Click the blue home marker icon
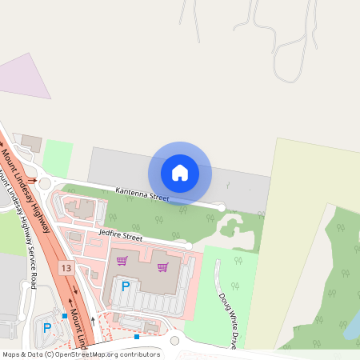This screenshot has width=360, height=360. pyautogui.click(x=180, y=172)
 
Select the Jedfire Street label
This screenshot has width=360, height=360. pyautogui.click(x=120, y=237)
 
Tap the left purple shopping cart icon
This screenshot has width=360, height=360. pyautogui.click(x=122, y=261)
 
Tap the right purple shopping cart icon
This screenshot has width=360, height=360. pyautogui.click(x=162, y=266)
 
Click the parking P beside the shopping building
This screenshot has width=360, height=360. pyautogui.click(x=125, y=285)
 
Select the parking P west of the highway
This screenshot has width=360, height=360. pyautogui.click(x=46, y=327)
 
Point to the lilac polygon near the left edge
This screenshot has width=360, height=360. pyautogui.click(x=26, y=77)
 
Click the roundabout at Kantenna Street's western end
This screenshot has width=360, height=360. pyautogui.click(x=44, y=183)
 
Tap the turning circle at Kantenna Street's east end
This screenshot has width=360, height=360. pyautogui.click(x=222, y=208)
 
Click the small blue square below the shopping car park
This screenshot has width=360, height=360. pyautogui.click(x=137, y=337)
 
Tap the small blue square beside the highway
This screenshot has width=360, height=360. pyautogui.click(x=65, y=315)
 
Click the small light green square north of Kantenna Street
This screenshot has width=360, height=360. pyautogui.click(x=57, y=158)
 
